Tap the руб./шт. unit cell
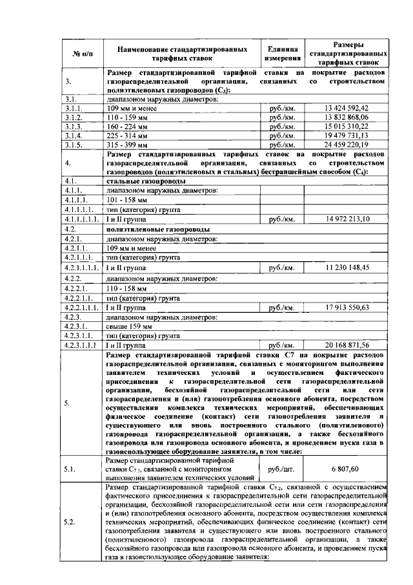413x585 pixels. (x=281, y=468)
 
